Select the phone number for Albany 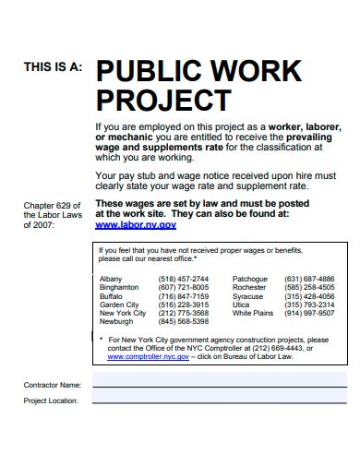tap(183, 279)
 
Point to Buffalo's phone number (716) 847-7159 tap(183, 296)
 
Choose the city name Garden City tap(119, 305)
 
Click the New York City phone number tap(183, 313)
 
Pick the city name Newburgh tap(116, 322)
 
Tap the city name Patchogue tap(250, 279)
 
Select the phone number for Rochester tap(309, 287)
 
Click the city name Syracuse tap(247, 296)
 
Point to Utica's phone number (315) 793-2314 tap(309, 305)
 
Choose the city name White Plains tap(253, 313)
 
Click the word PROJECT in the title tap(162, 99)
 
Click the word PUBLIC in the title tap(150, 71)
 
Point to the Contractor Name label tap(52, 384)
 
